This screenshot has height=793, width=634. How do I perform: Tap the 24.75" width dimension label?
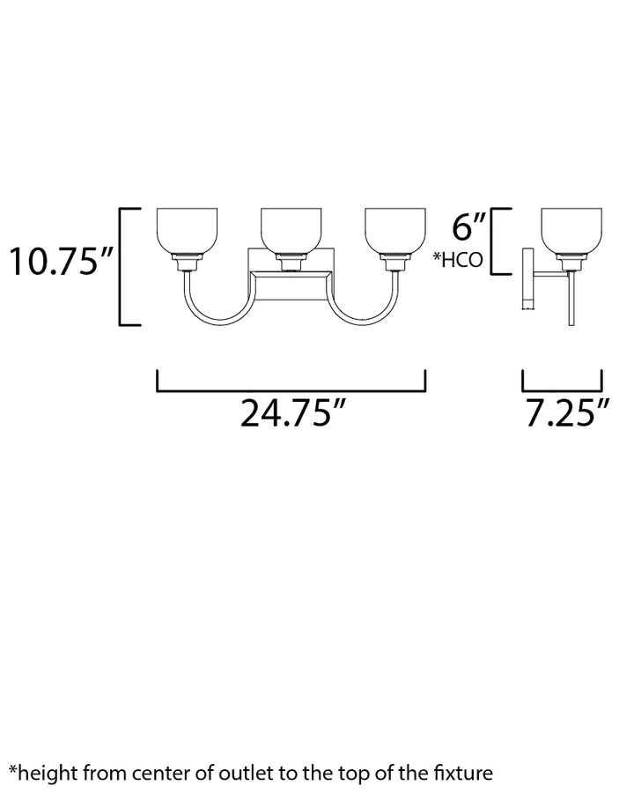click(x=293, y=413)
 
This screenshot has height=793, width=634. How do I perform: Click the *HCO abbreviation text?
click(x=458, y=260)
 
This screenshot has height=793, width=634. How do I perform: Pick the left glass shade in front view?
click(x=187, y=230)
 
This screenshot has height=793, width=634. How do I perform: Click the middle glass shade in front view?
click(x=291, y=230)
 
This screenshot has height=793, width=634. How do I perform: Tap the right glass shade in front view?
click(x=394, y=230)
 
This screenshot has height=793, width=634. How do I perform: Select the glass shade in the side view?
click(x=571, y=230)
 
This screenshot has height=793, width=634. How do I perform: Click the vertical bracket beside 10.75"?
click(x=121, y=266)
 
